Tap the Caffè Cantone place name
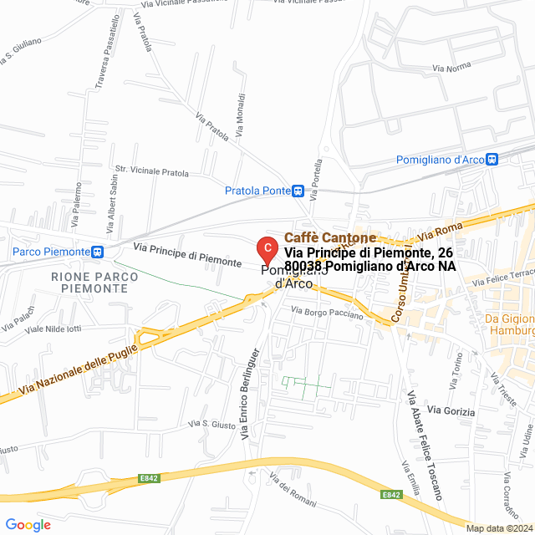330,238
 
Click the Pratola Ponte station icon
298,191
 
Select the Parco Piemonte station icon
98,251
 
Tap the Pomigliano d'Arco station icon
492,159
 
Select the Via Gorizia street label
451,411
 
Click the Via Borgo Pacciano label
327,313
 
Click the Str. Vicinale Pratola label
152,173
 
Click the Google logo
28,525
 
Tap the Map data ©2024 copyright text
499,528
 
